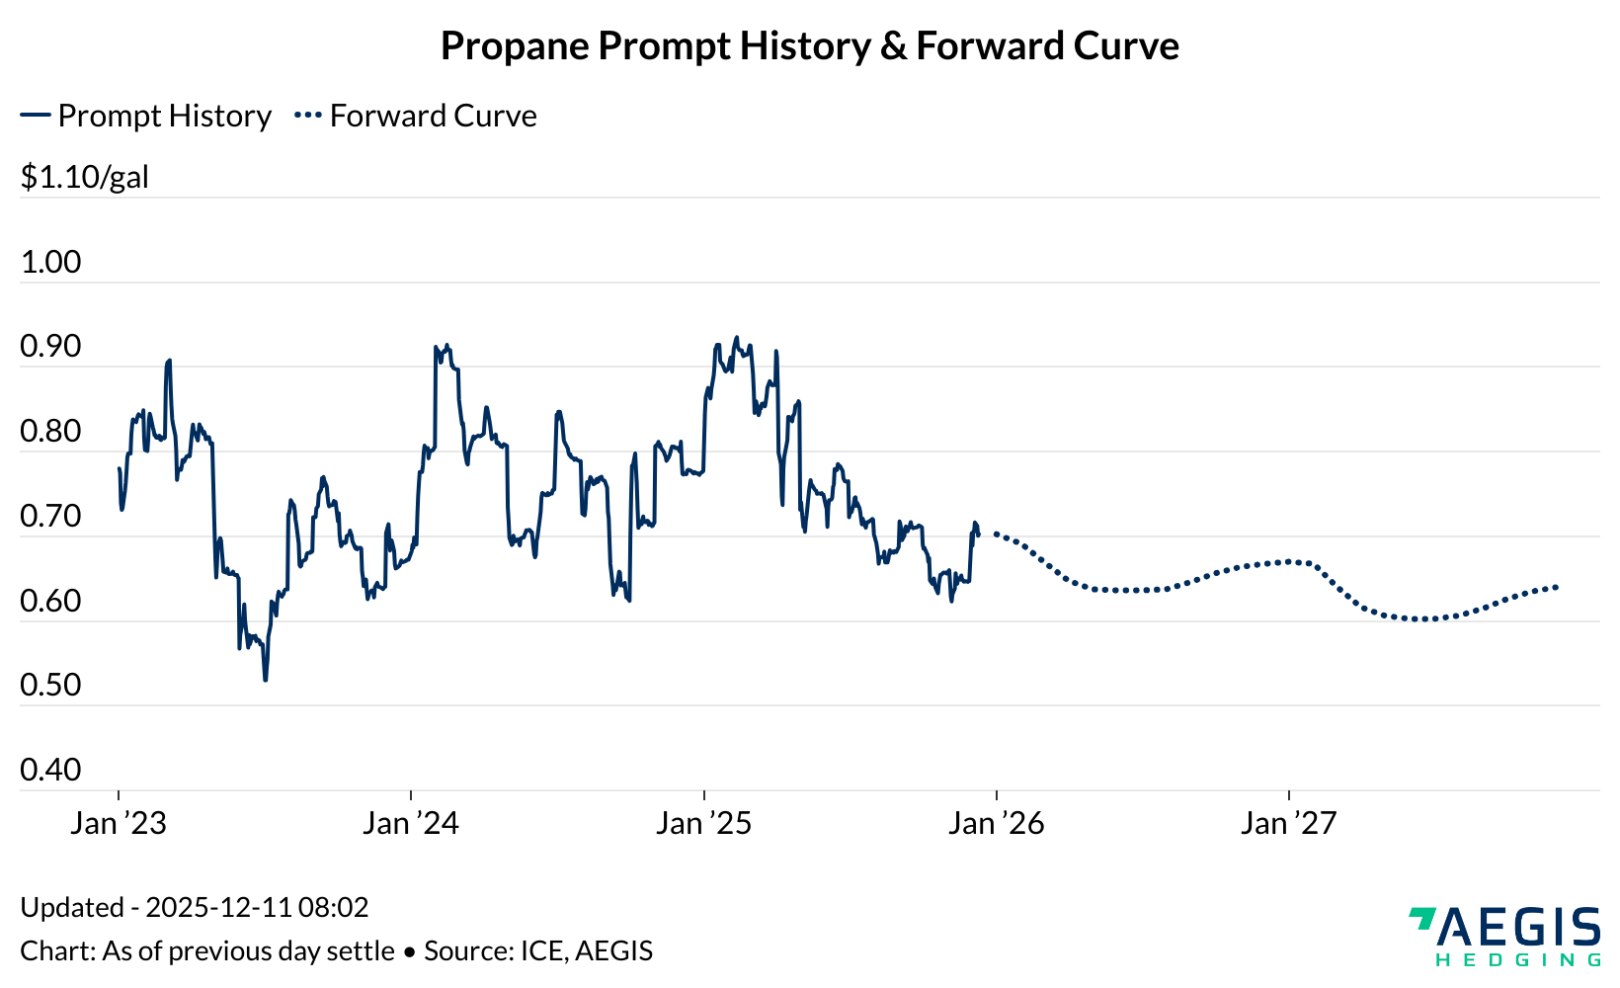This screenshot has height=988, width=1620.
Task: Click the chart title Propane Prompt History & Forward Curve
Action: (x=809, y=46)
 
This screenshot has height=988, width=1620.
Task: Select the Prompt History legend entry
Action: (x=146, y=116)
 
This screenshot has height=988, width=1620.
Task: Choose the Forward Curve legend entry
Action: (x=417, y=116)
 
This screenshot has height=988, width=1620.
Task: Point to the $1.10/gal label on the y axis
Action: (x=85, y=178)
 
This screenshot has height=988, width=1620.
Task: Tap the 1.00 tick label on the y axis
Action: (x=50, y=262)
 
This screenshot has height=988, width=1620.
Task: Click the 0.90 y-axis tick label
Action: (x=50, y=347)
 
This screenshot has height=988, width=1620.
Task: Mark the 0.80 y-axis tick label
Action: (x=50, y=432)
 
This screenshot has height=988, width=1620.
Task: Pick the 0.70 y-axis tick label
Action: (x=50, y=517)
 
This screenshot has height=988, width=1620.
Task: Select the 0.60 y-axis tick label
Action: (x=50, y=601)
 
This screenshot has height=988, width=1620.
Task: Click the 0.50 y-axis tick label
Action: (x=50, y=686)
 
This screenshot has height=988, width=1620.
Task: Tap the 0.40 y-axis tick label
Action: (x=50, y=771)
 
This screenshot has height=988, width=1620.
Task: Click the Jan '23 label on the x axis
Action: (x=119, y=823)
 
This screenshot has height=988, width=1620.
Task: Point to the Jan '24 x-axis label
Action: (x=411, y=823)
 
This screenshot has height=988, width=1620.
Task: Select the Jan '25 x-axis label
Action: (x=704, y=823)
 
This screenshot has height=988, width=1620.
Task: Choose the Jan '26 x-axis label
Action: (x=997, y=823)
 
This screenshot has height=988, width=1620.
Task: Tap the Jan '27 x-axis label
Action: (x=1289, y=823)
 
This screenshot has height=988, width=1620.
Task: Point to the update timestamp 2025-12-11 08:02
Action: (x=257, y=907)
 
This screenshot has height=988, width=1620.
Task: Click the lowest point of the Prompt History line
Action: (x=266, y=680)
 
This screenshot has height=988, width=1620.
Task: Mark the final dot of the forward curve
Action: (x=1557, y=587)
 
